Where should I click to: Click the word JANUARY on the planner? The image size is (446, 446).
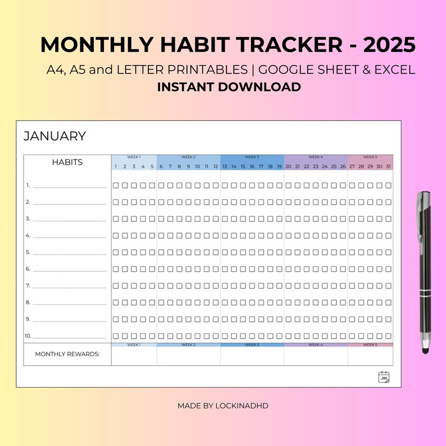[54, 136]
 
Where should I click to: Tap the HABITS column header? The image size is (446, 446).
[67, 162]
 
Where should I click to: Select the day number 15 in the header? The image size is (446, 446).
[243, 166]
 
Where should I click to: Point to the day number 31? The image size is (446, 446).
[389, 166]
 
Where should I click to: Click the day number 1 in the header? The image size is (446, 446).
[116, 166]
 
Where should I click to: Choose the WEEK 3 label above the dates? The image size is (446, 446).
[252, 157]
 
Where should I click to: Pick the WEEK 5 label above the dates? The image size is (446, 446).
[370, 157]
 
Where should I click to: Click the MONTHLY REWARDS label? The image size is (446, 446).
[67, 354]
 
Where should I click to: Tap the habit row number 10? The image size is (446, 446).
[28, 336]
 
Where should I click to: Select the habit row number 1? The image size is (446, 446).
[28, 185]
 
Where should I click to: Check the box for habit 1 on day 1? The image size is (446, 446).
[116, 185]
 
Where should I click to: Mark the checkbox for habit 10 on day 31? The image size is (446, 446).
[389, 336]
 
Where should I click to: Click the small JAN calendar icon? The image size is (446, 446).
[384, 377]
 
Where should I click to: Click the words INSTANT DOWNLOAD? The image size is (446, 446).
[229, 87]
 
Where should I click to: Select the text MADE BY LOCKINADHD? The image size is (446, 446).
[223, 405]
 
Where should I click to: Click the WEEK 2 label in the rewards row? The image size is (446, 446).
[188, 344]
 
